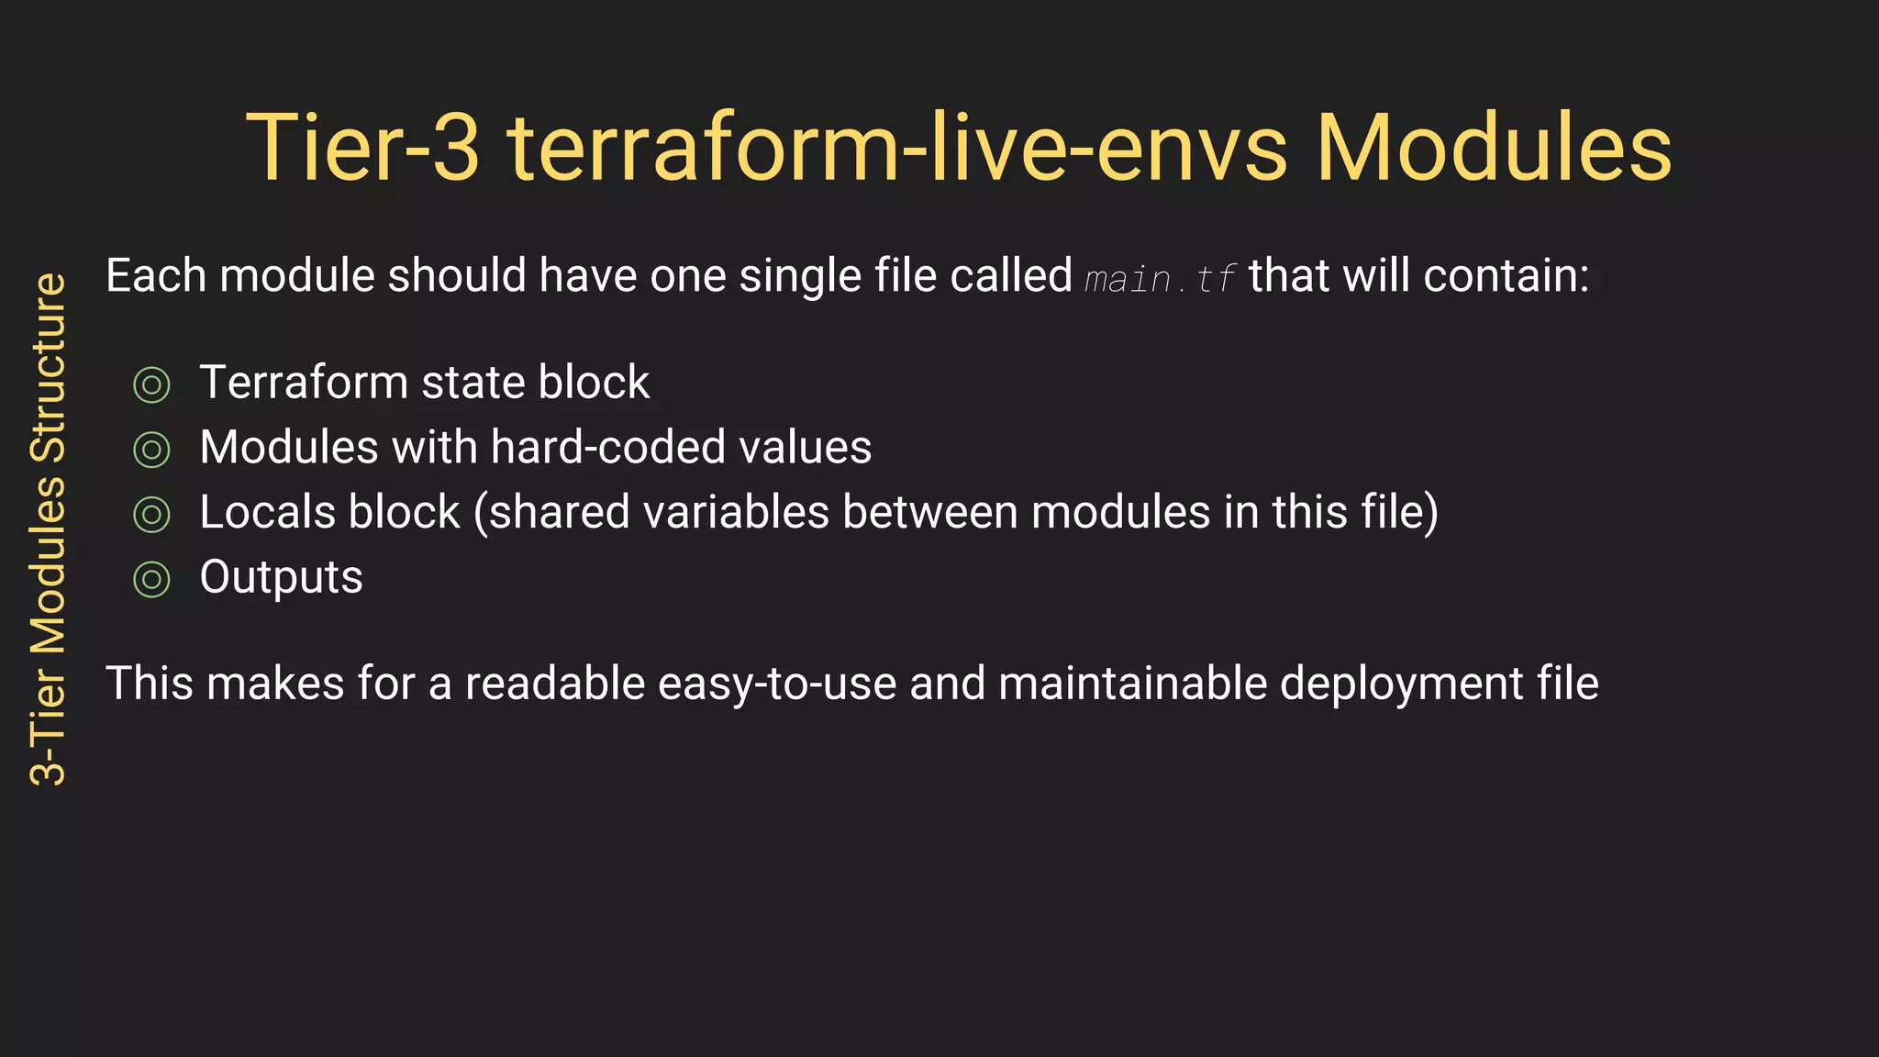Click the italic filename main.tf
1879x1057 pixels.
[1160, 278]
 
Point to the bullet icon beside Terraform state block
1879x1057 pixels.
[151, 384]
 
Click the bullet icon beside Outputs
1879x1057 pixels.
[151, 580]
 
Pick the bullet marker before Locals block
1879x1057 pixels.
[151, 515]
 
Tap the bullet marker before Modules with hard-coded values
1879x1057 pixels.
[151, 450]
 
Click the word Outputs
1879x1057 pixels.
[281, 578]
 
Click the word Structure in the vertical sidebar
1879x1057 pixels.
[49, 367]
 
